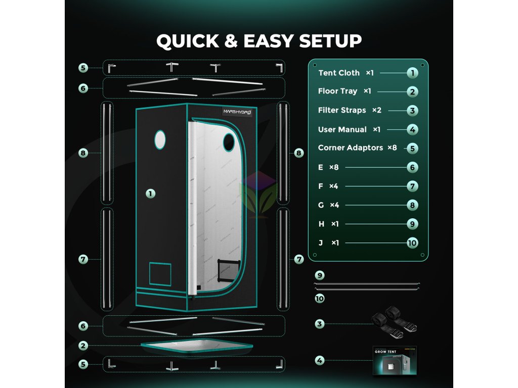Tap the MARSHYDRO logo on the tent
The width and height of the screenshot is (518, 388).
[241, 112]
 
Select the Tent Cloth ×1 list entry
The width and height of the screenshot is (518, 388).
[346, 73]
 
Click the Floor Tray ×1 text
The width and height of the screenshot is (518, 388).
[344, 91]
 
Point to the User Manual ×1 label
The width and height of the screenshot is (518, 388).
[349, 129]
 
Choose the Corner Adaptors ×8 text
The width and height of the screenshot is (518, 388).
[358, 148]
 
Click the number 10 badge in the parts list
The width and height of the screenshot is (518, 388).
[412, 243]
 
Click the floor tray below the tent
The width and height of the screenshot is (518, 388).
[197, 347]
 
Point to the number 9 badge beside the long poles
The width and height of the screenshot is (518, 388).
[319, 275]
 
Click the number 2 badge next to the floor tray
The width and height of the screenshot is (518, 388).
[83, 346]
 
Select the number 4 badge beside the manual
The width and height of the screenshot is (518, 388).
[319, 361]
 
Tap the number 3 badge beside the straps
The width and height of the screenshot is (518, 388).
[319, 324]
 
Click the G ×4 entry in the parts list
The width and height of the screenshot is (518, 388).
[328, 205]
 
